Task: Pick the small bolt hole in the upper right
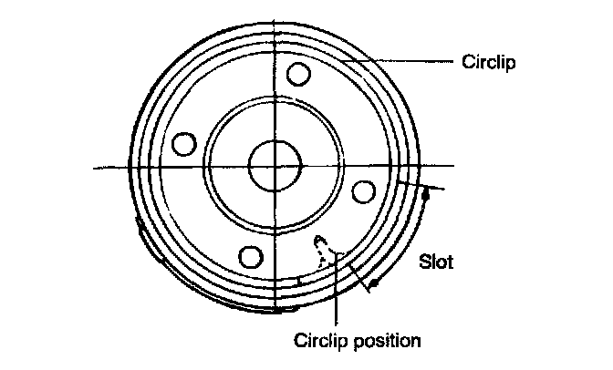(296, 74)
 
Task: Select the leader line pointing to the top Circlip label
(401, 62)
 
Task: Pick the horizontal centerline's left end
(95, 167)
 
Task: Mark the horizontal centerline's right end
(453, 166)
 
